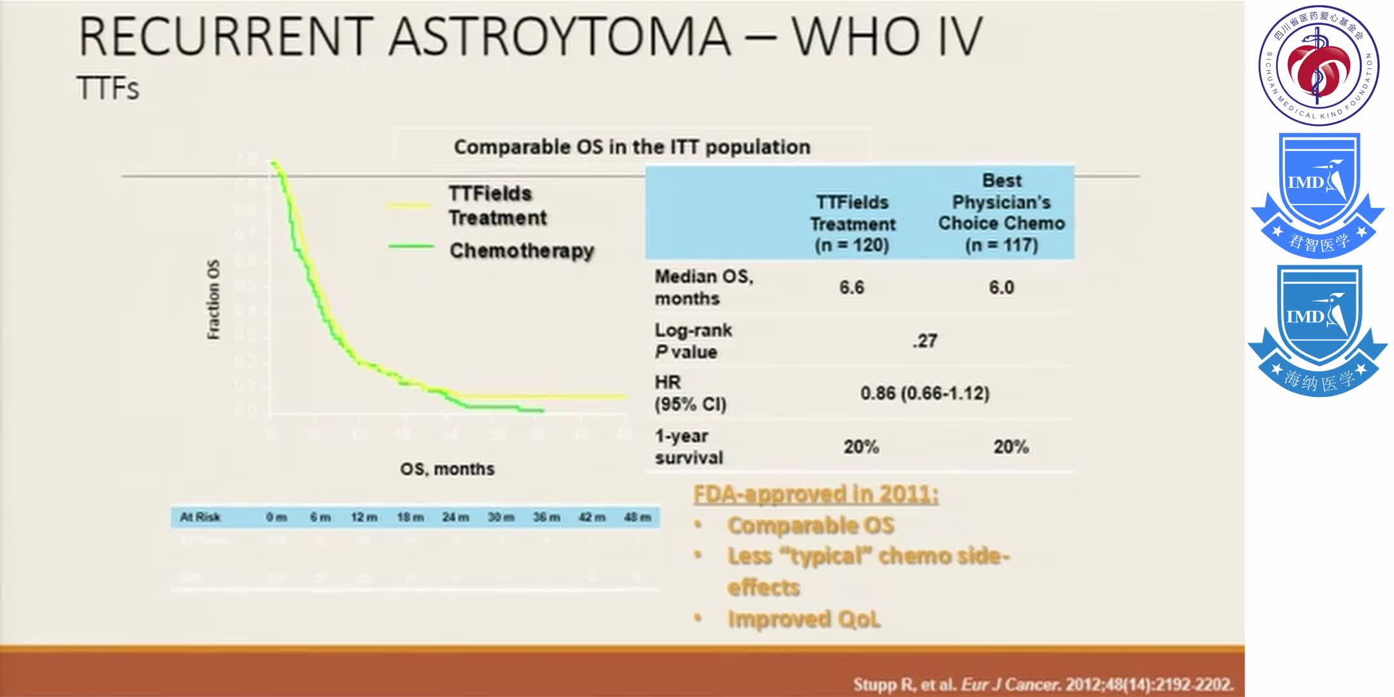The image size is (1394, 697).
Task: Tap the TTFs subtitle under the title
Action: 108,88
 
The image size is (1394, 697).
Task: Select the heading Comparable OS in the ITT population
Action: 632,147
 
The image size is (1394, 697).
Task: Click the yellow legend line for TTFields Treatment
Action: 409,205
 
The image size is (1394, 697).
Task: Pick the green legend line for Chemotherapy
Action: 410,247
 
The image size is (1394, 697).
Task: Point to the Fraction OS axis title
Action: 214,299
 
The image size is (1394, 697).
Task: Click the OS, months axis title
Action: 447,469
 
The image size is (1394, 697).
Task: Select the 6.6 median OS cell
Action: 851,288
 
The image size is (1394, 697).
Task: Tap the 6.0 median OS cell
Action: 1001,288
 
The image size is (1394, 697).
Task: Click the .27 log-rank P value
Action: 925,341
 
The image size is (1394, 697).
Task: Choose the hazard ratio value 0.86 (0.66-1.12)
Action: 924,393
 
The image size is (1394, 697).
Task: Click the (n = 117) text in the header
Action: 1002,245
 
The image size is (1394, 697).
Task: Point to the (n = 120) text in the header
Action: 852,245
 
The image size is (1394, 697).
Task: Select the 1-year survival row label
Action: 689,447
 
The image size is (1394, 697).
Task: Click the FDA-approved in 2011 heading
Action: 816,494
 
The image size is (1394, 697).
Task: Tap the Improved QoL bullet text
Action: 803,619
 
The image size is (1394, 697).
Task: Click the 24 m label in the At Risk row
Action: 456,518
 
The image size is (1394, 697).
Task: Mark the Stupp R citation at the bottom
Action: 1043,684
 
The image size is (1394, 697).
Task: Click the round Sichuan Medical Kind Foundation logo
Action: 1318,65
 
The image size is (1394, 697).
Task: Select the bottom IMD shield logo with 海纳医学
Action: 1318,330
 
